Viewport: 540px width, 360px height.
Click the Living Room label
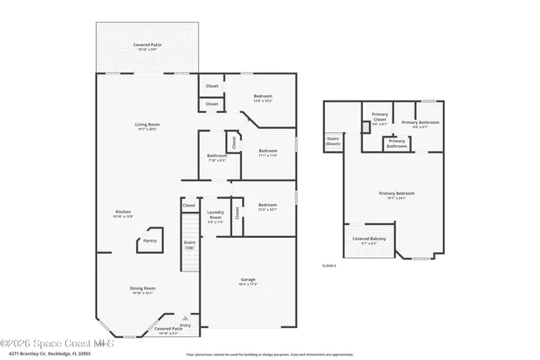tap(148, 126)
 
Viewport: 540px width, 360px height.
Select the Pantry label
tap(149, 241)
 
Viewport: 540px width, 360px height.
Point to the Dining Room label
tap(143, 290)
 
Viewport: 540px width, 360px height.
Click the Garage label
tap(248, 282)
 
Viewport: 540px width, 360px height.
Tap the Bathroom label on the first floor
tap(217, 158)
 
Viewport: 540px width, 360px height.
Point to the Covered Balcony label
tap(369, 240)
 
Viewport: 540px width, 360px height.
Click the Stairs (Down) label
tap(333, 142)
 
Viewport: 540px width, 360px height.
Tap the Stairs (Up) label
tap(189, 244)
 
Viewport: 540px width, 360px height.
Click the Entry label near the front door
tap(185, 325)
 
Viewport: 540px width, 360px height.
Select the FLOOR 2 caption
tap(329, 266)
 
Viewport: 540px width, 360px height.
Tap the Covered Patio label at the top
tap(148, 46)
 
